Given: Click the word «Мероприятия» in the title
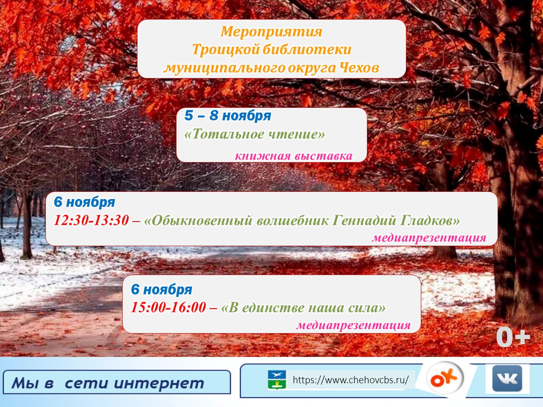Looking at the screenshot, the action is [271, 32].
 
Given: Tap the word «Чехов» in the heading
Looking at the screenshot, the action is [359, 67].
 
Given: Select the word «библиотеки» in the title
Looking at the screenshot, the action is [307, 49].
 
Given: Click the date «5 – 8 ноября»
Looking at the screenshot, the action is [227, 115].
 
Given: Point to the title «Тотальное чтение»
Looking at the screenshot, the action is [255, 134].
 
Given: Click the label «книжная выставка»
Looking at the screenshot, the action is [294, 156].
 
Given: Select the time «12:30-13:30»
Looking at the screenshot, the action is [91, 220].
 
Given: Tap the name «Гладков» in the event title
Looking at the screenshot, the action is [430, 220].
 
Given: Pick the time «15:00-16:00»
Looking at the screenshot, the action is [168, 307].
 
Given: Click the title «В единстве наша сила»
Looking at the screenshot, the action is [303, 308].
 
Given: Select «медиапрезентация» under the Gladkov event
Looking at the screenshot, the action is [429, 238].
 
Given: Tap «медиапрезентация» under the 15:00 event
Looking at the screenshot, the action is [353, 325].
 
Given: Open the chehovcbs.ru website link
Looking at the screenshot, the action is [350, 380].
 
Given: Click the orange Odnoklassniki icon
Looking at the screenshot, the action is [445, 378].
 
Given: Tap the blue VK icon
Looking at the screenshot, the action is [507, 378].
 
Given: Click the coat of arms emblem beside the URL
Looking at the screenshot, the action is [277, 379].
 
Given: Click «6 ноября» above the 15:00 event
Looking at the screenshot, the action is [162, 289].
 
